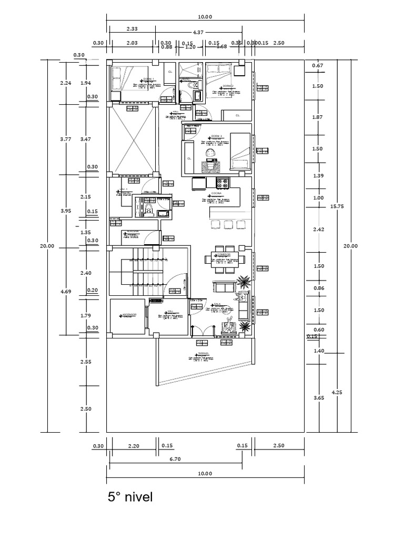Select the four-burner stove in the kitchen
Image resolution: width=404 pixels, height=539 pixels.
(x=223, y=183)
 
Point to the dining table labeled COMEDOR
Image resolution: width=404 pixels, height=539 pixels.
(x=223, y=258)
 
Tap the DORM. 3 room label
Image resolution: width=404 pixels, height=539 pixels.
(x=209, y=136)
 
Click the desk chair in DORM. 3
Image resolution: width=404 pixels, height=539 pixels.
(x=210, y=154)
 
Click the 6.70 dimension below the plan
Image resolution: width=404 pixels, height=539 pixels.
(x=175, y=459)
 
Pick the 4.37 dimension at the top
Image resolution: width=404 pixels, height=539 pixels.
(x=198, y=33)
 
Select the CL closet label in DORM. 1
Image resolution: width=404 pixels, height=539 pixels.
(x=169, y=72)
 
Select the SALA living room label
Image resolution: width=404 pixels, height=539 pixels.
(x=217, y=304)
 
